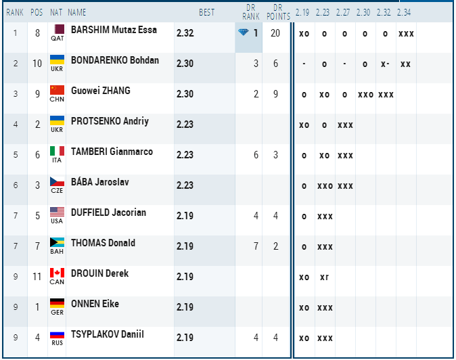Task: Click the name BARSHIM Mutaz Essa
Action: pos(114,30)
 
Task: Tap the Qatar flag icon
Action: pos(60,29)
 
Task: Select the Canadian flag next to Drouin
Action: pos(57,273)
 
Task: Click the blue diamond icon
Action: pos(243,32)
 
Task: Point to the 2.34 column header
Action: pos(404,12)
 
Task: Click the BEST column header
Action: pos(207,12)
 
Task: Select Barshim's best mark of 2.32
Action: pos(185,33)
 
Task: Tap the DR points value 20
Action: pos(275,33)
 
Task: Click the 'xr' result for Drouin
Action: pos(324,277)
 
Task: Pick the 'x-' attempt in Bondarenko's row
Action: pos(385,64)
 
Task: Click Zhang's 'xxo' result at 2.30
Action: pos(365,95)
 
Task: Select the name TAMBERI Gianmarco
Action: pos(112,152)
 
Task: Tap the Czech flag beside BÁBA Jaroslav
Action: pos(57,181)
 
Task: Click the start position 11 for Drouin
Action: pos(37,277)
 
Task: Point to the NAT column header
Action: pos(56,12)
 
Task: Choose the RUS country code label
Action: pos(57,343)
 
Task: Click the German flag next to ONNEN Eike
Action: pos(57,303)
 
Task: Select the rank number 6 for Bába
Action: pos(16,185)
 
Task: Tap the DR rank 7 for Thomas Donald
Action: pos(256,246)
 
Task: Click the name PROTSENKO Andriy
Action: pos(110,121)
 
